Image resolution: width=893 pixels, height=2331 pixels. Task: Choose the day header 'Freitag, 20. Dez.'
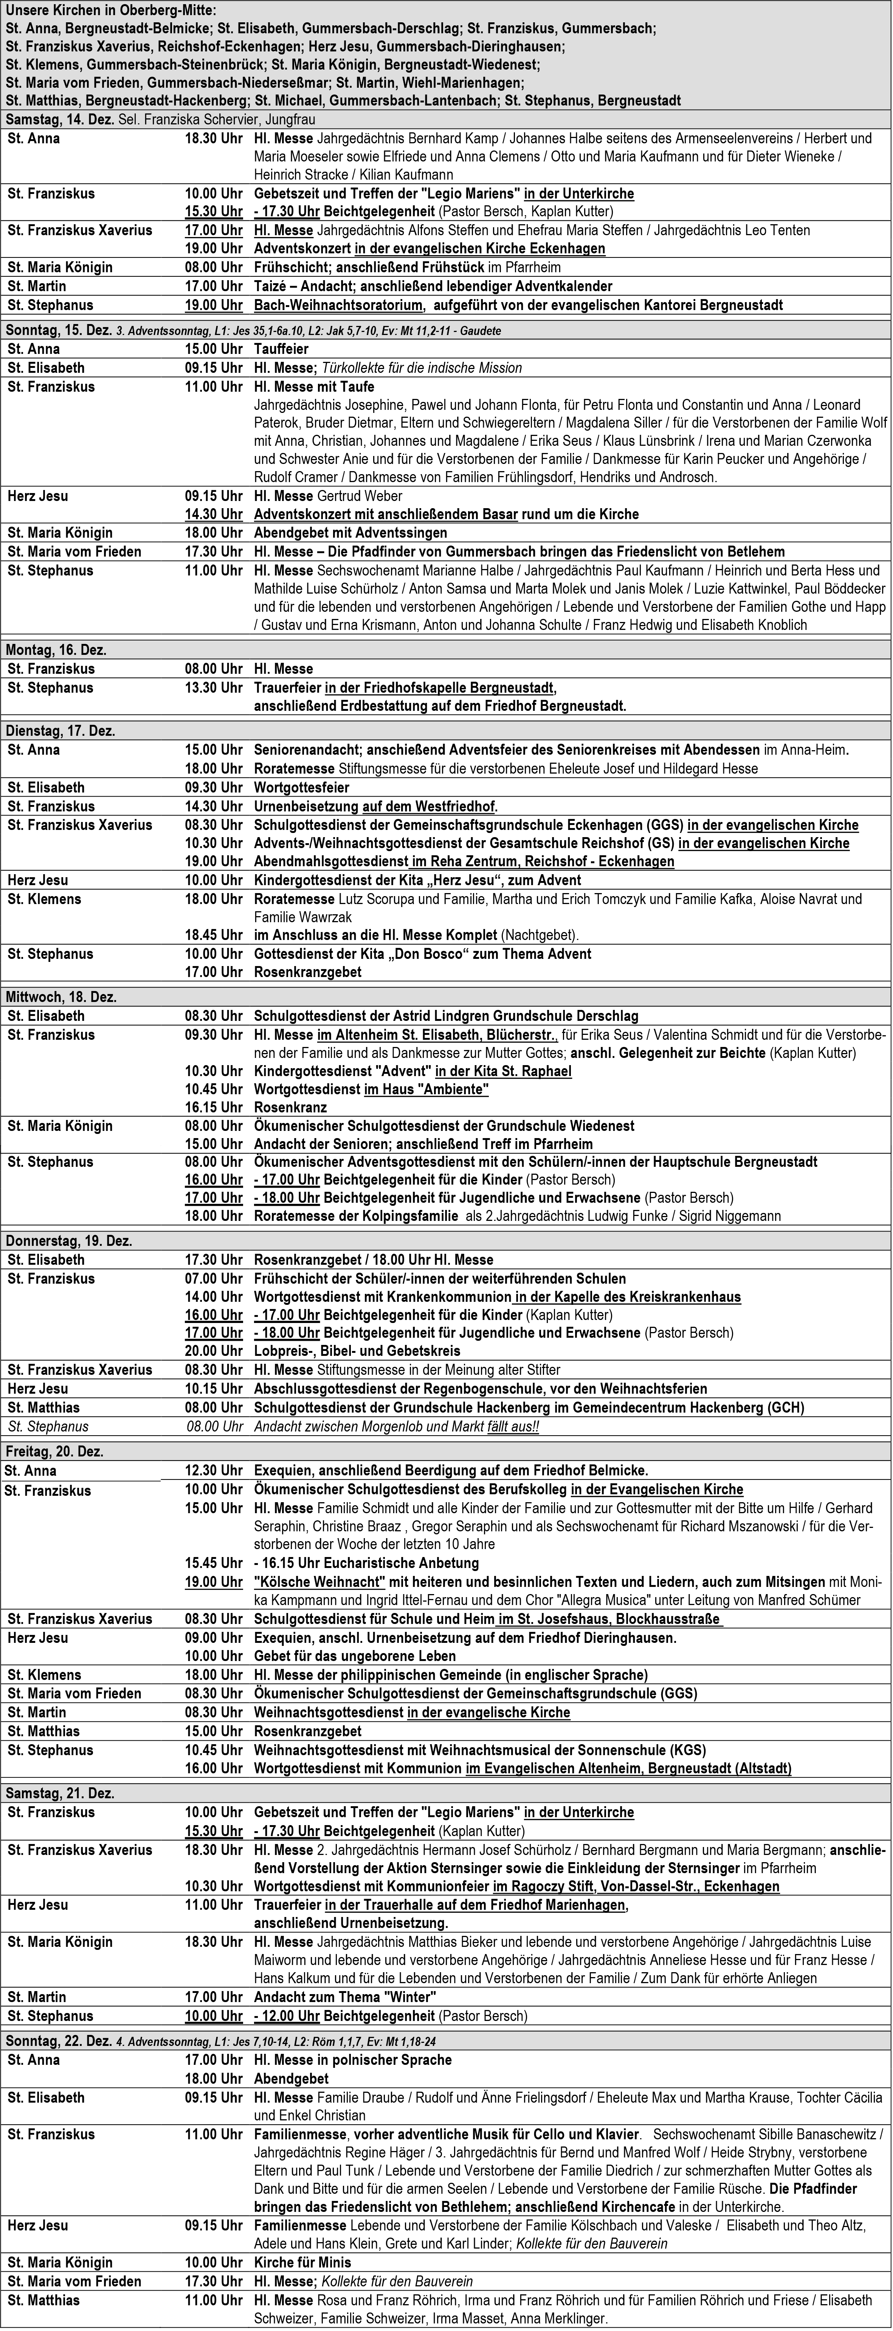click(54, 1452)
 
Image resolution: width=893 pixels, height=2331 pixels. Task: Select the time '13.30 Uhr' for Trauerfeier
click(214, 688)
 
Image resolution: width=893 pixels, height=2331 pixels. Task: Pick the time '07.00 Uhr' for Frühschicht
click(214, 1279)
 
